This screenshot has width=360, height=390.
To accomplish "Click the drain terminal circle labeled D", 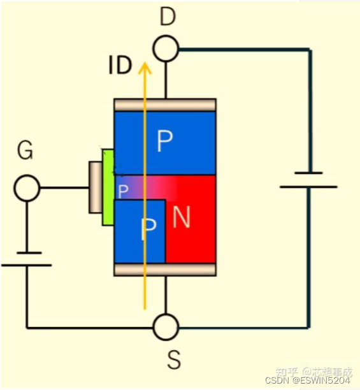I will [166, 48].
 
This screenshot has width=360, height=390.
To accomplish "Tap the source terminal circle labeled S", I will [166, 328].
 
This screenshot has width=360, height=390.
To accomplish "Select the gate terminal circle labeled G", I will [27, 189].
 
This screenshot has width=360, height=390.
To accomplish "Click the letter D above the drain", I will [167, 17].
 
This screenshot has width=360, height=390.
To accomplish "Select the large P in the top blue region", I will [164, 142].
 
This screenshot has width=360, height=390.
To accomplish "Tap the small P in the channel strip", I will [123, 191].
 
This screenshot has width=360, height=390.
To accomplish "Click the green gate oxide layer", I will [108, 187].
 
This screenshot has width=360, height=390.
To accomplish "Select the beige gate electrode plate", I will [95, 187].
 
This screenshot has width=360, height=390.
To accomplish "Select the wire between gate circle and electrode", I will [64, 189].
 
